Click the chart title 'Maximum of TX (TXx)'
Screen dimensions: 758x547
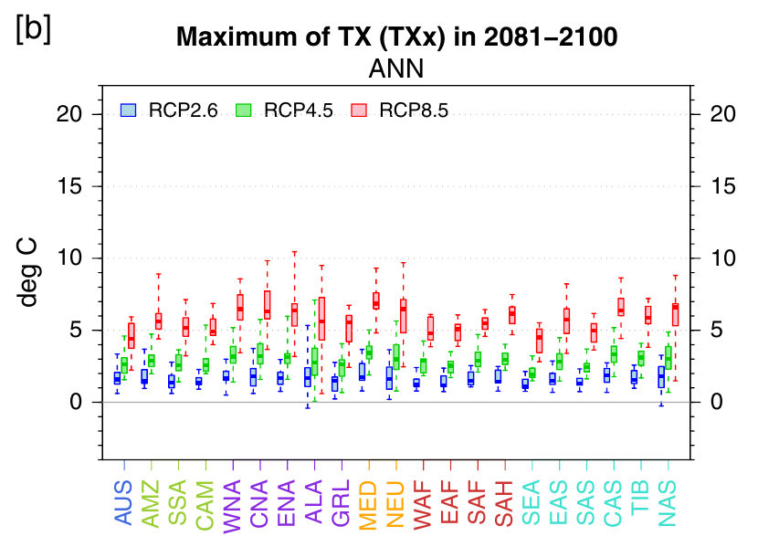pos(311,37)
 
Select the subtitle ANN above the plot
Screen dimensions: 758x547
pos(396,68)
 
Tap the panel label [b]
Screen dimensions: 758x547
pos(34,29)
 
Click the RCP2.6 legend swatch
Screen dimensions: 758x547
pos(128,110)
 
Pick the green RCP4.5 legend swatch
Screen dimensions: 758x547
pos(243,110)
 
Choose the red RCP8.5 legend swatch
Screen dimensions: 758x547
pos(359,110)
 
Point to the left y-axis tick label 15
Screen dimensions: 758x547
pos(69,186)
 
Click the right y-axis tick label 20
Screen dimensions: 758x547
pos(723,114)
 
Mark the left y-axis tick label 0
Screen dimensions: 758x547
pos(76,402)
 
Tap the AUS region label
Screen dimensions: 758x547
pos(124,502)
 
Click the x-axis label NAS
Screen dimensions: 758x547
pos(668,503)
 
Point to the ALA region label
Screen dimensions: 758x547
pos(314,501)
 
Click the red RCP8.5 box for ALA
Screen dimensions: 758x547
pos(322,319)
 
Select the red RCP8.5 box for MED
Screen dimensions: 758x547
pos(376,300)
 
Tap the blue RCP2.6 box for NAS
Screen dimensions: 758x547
pos(661,376)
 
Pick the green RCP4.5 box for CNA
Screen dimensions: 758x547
pos(260,353)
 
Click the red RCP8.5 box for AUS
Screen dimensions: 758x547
pos(132,335)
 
